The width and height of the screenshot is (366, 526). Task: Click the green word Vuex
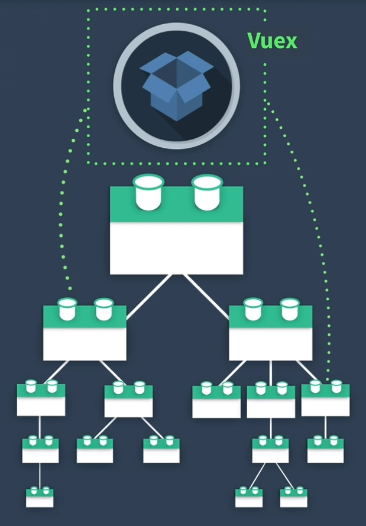tap(272, 41)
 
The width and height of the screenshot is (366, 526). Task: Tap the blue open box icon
tap(176, 85)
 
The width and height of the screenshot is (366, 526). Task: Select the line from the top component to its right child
tap(208, 294)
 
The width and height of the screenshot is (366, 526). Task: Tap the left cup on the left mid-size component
tap(67, 309)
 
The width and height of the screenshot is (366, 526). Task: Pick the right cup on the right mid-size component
tap(289, 309)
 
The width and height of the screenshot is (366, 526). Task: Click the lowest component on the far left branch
tap(40, 497)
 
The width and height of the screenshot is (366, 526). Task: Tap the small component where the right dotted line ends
tap(325, 400)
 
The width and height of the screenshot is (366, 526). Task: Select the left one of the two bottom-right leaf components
tap(249, 497)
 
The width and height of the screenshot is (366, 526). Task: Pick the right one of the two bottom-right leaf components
tap(293, 497)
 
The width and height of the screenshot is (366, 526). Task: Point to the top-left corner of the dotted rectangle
tap(88, 9)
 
